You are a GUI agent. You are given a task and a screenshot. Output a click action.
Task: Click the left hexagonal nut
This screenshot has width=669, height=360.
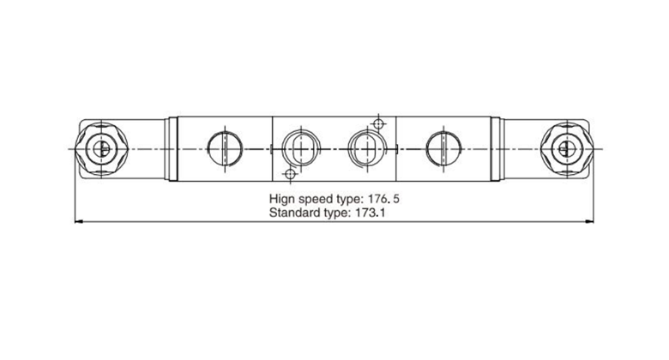(101, 148)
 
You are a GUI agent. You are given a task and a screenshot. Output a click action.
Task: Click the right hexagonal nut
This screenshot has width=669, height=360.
(565, 148)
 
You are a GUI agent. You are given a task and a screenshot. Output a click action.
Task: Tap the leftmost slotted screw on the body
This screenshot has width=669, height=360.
(226, 148)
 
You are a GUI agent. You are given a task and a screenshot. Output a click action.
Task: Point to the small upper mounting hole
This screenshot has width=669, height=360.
(378, 123)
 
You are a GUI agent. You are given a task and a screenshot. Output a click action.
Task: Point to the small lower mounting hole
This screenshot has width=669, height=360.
(290, 175)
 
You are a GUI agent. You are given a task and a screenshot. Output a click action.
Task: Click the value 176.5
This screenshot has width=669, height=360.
(382, 196)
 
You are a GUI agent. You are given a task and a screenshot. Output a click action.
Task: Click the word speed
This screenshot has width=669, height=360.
(317, 196)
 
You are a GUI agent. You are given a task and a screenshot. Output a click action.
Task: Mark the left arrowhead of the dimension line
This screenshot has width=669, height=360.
(80, 222)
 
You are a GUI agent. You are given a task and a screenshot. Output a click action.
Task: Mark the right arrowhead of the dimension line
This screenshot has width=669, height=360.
(589, 222)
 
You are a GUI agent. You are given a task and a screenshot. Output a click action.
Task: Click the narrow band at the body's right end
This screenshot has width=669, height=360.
(495, 148)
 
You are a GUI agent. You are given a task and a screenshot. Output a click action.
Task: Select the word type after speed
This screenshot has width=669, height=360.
(351, 196)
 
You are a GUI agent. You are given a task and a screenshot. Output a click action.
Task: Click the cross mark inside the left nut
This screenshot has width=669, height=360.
(101, 148)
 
